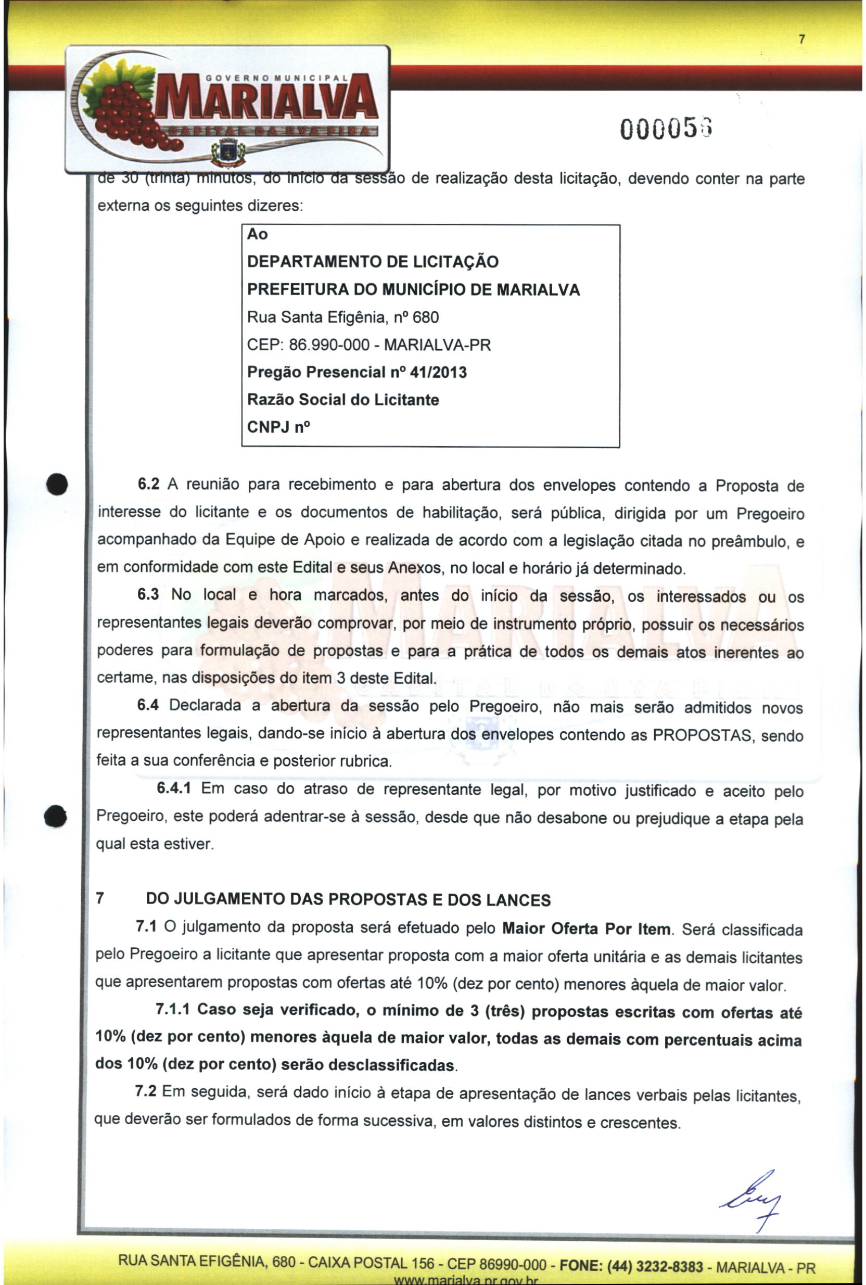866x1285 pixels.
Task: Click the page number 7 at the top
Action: click(802, 39)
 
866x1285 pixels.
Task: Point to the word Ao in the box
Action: click(258, 234)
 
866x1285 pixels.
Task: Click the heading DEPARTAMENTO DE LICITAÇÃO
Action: click(372, 262)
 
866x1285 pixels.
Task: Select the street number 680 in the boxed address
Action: click(425, 317)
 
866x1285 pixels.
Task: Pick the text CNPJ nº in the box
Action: click(278, 427)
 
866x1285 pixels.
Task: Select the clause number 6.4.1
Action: click(174, 788)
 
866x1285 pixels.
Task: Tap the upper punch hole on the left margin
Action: click(57, 485)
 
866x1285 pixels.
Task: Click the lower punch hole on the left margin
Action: click(56, 816)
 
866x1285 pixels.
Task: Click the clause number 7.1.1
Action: click(172, 1010)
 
